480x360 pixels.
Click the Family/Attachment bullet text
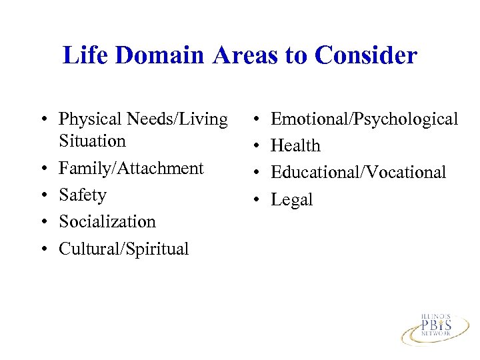coord(131,168)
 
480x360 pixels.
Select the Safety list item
coord(83,195)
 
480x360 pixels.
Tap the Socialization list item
coord(107,221)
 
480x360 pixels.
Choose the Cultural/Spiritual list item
coord(124,249)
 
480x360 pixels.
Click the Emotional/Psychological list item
coord(364,119)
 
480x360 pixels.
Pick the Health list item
coord(295,146)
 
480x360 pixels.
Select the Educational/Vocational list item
coord(358,173)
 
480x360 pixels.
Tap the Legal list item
coord(291,200)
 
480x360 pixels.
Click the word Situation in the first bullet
coord(92,141)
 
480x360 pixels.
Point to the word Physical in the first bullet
coord(87,119)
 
